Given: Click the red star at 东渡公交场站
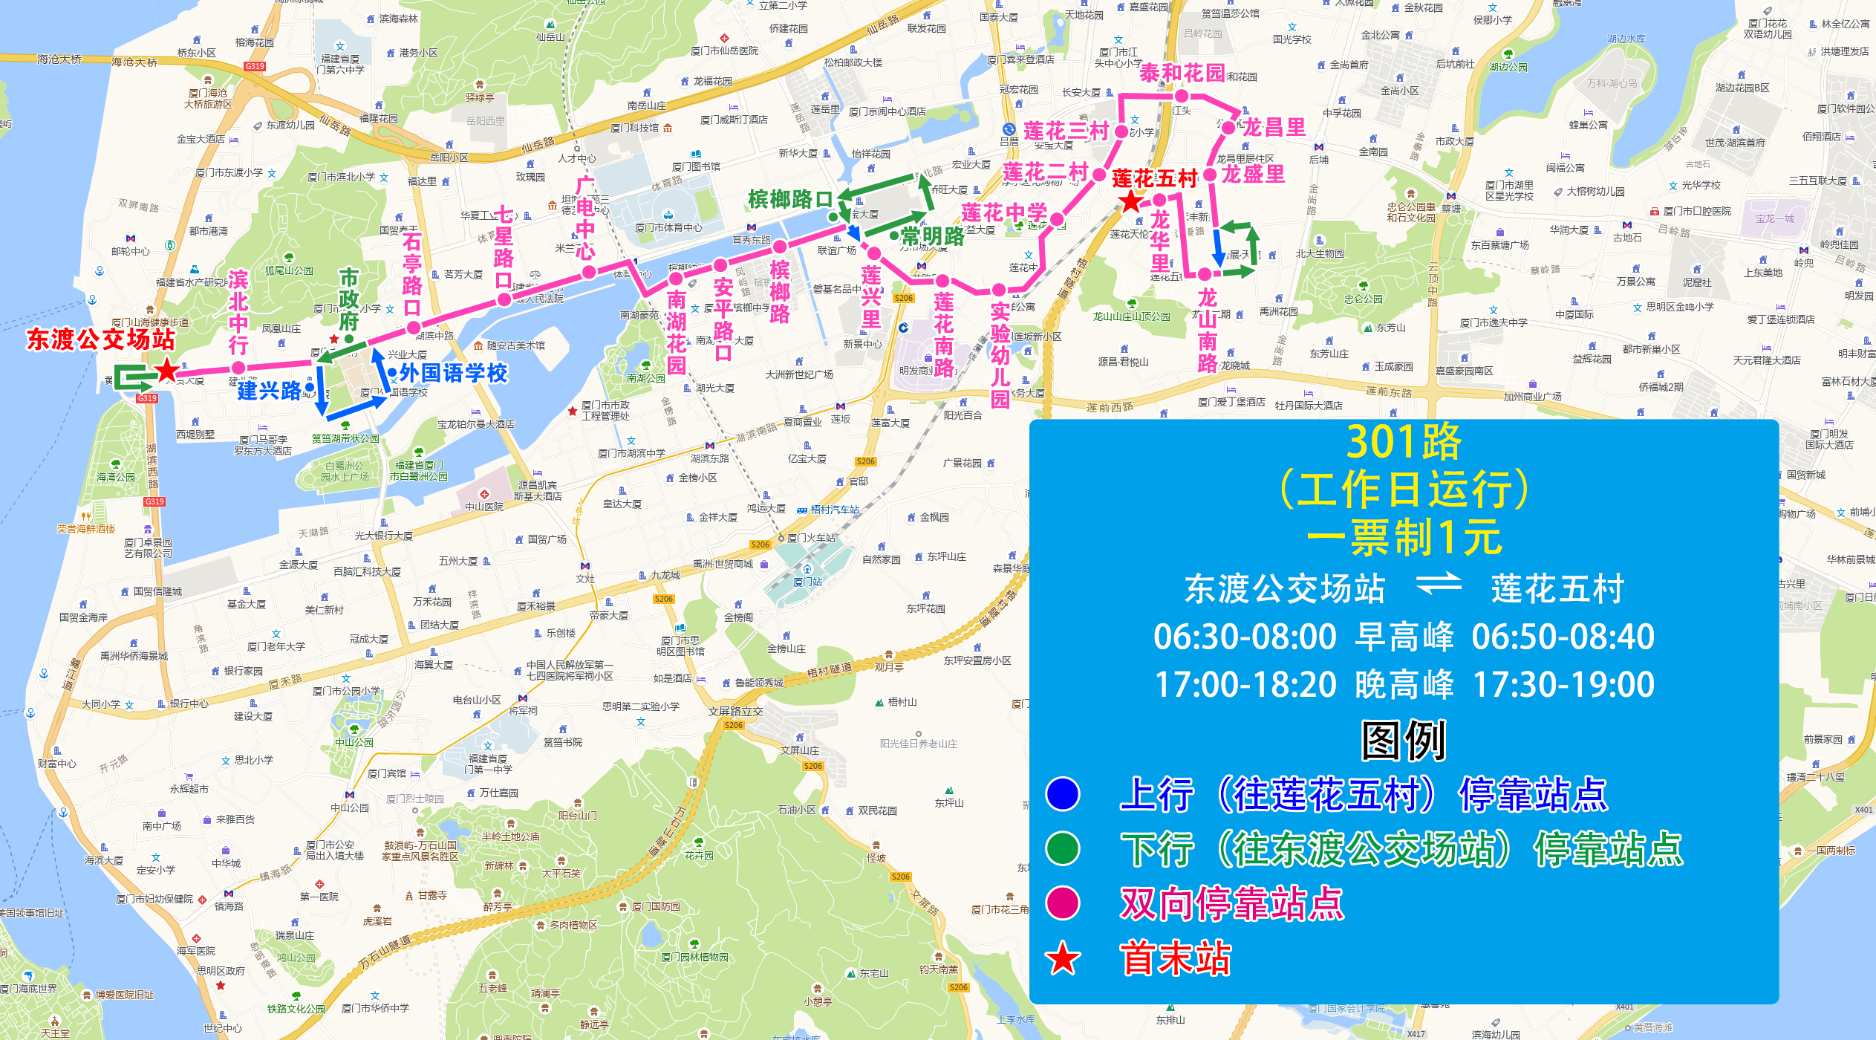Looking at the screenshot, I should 167,370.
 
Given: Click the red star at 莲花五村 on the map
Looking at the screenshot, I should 1130,202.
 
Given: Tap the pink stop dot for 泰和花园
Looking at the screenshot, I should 1181,96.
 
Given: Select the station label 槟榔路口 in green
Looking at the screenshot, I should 790,199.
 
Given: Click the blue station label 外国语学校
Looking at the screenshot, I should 453,373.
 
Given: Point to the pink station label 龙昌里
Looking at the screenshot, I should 1274,127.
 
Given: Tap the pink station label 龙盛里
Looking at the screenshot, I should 1254,174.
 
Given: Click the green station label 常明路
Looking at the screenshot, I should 932,237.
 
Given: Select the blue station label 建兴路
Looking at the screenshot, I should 269,390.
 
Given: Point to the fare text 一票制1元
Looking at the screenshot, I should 1404,537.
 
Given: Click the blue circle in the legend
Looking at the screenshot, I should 1062,793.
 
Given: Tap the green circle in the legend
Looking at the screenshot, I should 1062,848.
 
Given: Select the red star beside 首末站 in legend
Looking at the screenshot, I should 1062,958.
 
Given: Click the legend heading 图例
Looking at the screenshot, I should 1403,741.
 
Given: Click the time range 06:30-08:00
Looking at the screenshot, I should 1245,637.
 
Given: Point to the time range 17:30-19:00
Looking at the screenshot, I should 1563,684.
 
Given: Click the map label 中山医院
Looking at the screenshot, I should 483,507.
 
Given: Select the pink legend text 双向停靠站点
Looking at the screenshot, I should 1231,903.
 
